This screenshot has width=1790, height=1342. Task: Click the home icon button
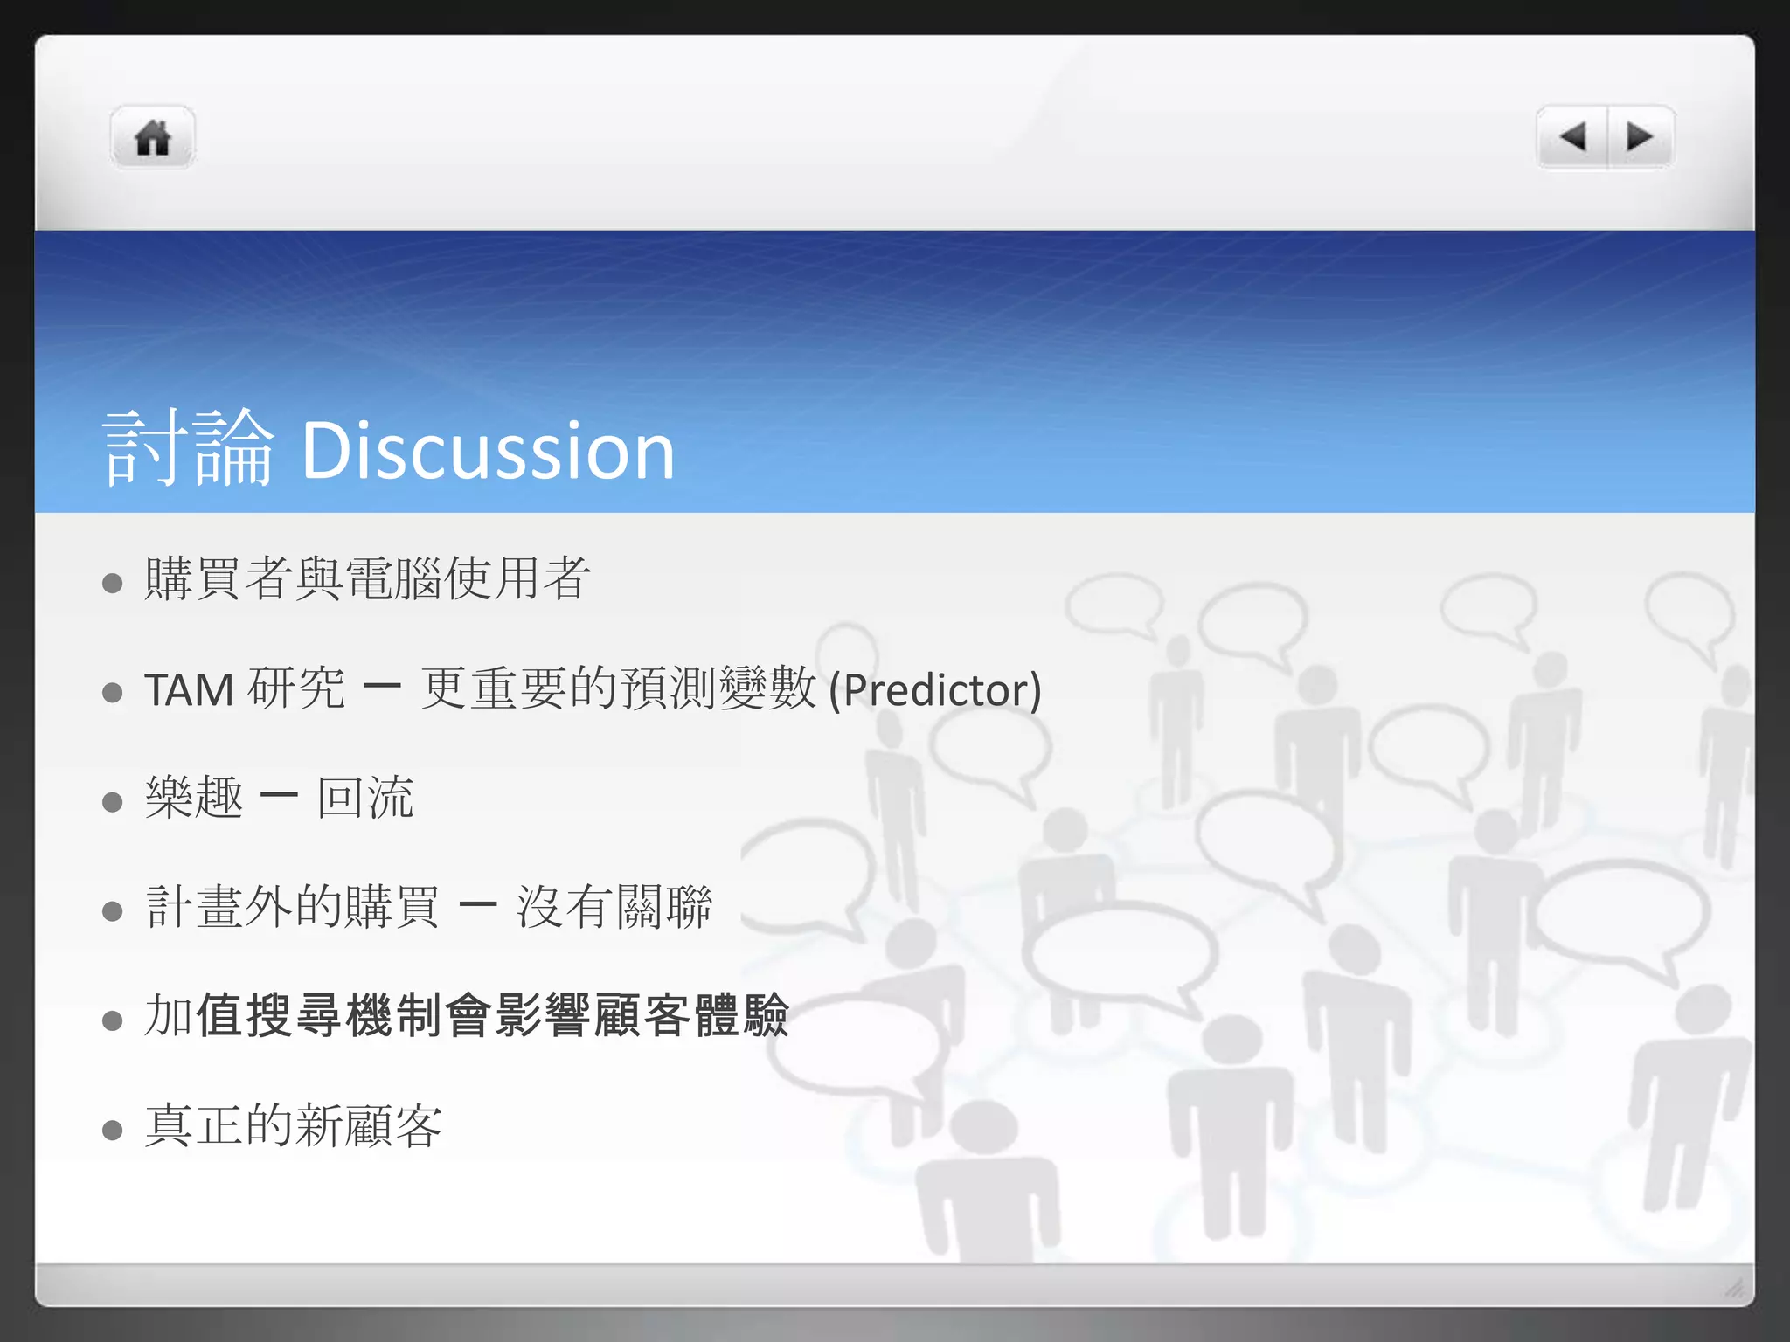(153, 138)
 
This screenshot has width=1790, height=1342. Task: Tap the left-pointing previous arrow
(1572, 137)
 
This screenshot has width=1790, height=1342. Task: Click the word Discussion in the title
(488, 451)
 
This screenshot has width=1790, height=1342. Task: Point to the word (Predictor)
(934, 690)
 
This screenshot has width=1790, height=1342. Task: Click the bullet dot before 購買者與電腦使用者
(112, 583)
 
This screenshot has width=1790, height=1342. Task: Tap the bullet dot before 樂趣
(112, 801)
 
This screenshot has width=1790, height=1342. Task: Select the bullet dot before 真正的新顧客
(112, 1130)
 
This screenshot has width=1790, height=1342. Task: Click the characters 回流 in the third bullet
(365, 799)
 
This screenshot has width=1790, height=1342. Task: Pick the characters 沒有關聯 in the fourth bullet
(614, 907)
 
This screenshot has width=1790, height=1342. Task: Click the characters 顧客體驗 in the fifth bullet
(690, 1016)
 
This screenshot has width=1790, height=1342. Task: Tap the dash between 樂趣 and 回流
(280, 796)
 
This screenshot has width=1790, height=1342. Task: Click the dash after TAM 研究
(382, 687)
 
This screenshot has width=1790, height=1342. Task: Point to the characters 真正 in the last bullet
(194, 1125)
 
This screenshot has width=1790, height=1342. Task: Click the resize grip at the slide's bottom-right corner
(1734, 1287)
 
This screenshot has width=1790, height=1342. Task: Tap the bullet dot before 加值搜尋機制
(112, 1020)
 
